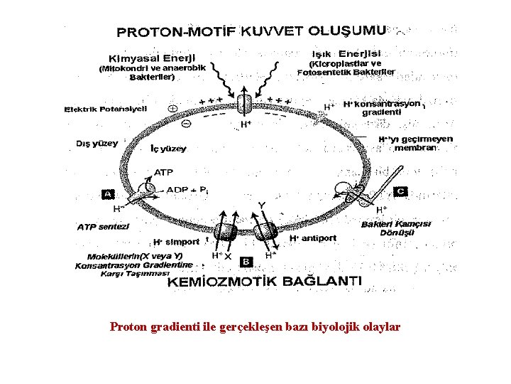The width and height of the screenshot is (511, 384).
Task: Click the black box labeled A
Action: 109,193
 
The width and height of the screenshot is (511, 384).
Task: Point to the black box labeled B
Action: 246,262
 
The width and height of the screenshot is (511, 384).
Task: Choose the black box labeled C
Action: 400,191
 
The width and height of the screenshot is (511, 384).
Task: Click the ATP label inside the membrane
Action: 163,172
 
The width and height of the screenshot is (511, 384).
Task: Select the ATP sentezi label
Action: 103,227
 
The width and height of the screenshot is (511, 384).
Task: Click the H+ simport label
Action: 177,242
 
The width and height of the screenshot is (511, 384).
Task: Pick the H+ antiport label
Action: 313,238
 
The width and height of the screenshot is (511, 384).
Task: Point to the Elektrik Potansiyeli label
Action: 106,109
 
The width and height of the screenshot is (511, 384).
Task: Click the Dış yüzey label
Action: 97,143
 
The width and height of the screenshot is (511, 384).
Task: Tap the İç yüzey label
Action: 169,149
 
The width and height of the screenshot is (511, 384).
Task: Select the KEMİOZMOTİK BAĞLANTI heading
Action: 265,281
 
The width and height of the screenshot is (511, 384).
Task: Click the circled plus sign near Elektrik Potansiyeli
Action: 172,109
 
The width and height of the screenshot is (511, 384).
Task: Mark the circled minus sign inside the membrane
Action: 186,123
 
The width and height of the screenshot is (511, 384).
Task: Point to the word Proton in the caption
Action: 129,327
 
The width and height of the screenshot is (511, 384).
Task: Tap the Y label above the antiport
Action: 261,206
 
